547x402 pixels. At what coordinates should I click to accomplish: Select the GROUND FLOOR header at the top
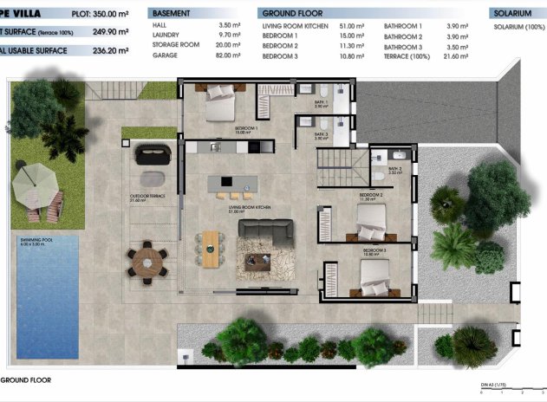(291, 15)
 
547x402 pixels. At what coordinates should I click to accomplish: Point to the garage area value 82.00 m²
(228, 55)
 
